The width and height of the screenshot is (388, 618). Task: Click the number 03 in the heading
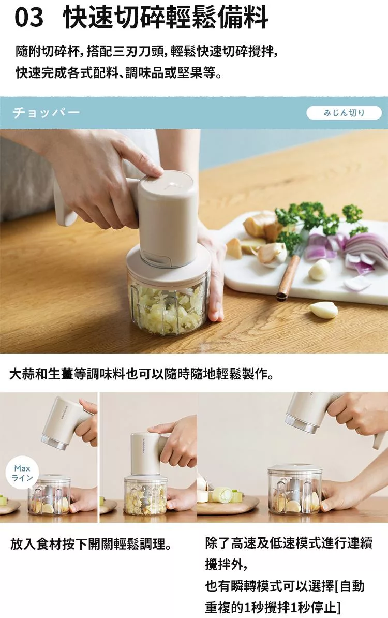pyautogui.click(x=29, y=18)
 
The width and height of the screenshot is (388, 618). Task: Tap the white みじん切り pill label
pyautogui.click(x=344, y=113)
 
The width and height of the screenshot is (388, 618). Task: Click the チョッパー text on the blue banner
pyautogui.click(x=46, y=113)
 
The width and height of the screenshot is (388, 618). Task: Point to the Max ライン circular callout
pyautogui.click(x=22, y=473)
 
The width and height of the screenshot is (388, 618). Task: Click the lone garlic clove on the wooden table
pyautogui.click(x=323, y=310)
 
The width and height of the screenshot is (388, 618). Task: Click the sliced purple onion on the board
pyautogui.click(x=354, y=252)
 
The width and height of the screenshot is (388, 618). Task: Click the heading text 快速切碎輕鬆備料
pyautogui.click(x=166, y=18)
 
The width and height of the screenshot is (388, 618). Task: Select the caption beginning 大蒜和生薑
pyautogui.click(x=141, y=374)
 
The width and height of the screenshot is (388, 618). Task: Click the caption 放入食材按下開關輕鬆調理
pyautogui.click(x=91, y=545)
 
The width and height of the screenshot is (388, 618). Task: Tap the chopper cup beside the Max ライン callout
pyautogui.click(x=50, y=495)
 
